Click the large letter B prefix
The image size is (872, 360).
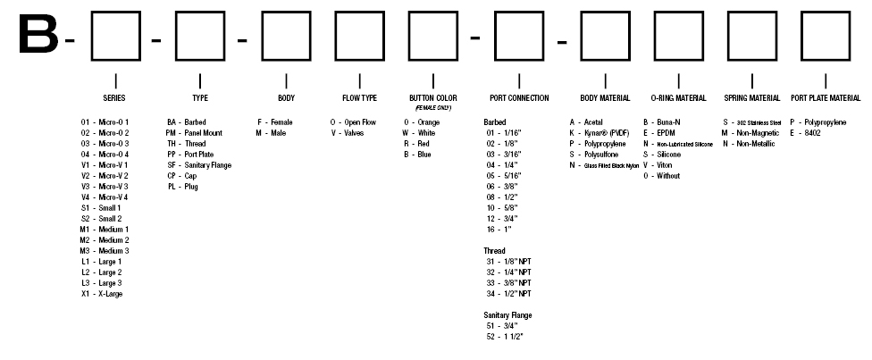[38, 35]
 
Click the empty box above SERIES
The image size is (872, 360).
[115, 12]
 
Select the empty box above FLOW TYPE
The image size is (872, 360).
[359, 12]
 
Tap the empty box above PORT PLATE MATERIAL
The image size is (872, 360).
[826, 12]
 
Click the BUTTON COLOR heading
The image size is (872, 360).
[433, 98]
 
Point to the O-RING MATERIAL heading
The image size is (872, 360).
[678, 98]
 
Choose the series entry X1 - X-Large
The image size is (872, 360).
[102, 294]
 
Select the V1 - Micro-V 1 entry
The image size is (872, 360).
[104, 164]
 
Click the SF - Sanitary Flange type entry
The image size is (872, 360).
[199, 165]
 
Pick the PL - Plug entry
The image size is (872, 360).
[182, 187]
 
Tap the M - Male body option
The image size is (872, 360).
[271, 133]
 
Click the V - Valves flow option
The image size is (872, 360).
[347, 133]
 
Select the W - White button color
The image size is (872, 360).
[419, 133]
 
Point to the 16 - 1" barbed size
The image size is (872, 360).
[499, 230]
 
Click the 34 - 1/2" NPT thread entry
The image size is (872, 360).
[509, 294]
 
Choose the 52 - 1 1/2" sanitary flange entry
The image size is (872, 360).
[505, 337]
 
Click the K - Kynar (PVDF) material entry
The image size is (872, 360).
[599, 133]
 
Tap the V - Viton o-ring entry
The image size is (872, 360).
[658, 165]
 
